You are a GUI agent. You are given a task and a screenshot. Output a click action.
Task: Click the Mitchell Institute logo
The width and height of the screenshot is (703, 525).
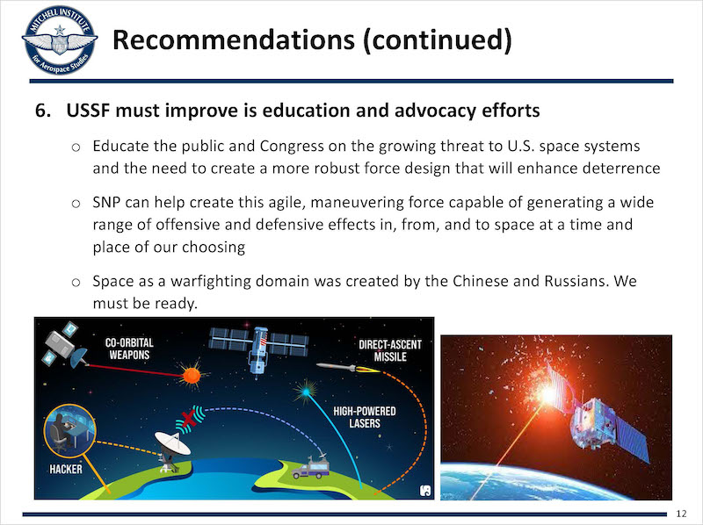click(60, 40)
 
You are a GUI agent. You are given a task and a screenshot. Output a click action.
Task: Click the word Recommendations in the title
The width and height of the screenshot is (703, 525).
click(234, 40)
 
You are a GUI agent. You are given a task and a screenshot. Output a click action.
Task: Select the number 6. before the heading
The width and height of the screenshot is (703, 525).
click(43, 111)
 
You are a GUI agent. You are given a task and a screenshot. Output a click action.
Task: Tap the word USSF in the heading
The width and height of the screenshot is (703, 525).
click(88, 111)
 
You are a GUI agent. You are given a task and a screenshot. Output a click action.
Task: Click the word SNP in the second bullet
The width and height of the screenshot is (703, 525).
click(106, 202)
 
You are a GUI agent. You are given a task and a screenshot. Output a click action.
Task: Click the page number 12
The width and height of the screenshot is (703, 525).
click(681, 514)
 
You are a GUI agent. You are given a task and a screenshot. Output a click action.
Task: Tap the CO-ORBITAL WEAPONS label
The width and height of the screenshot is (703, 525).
click(129, 349)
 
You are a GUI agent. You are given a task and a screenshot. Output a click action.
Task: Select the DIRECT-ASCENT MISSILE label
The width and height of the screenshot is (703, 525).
click(390, 351)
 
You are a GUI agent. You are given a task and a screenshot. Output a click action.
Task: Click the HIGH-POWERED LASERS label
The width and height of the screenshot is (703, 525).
click(365, 417)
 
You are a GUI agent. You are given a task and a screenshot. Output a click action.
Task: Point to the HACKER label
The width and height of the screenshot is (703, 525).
click(66, 469)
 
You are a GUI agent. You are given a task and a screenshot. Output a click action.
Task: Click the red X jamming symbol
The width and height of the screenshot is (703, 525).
click(187, 420)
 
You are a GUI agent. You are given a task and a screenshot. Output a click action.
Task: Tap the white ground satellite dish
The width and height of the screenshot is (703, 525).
click(172, 451)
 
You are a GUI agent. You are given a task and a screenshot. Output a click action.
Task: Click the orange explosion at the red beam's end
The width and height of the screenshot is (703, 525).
click(192, 376)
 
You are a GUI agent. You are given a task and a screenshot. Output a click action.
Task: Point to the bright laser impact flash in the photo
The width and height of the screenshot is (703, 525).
click(547, 395)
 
